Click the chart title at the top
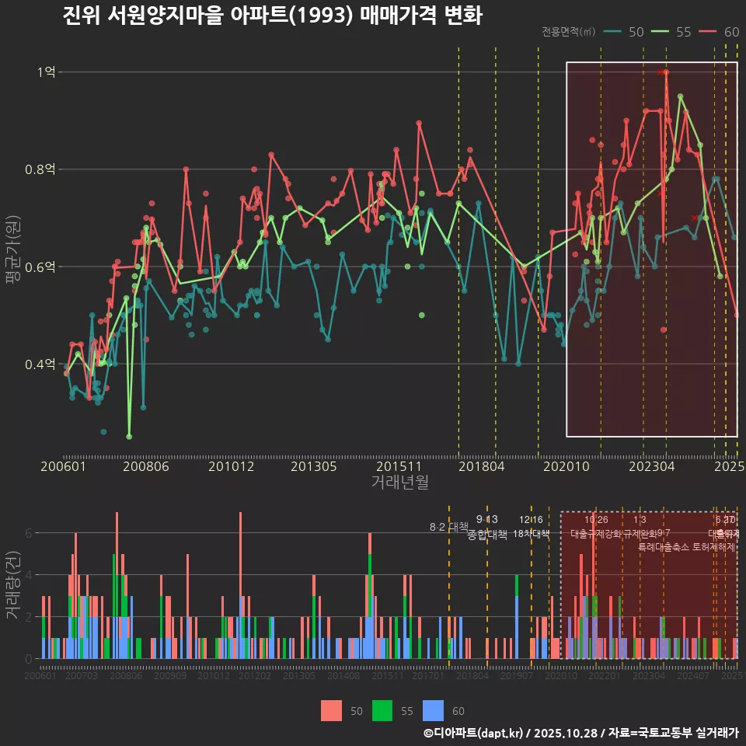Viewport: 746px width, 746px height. (x=272, y=16)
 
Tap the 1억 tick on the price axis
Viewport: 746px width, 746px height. (x=46, y=72)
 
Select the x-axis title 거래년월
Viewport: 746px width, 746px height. (x=399, y=482)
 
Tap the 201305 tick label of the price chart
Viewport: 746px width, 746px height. (x=313, y=466)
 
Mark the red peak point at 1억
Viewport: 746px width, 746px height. (x=666, y=72)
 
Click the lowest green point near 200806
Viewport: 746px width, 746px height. (x=129, y=436)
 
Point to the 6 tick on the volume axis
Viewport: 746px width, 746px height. (x=28, y=533)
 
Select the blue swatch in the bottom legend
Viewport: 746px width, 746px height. (x=433, y=710)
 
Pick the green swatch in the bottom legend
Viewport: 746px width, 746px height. (x=382, y=710)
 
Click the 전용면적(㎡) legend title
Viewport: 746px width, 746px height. (x=569, y=32)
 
